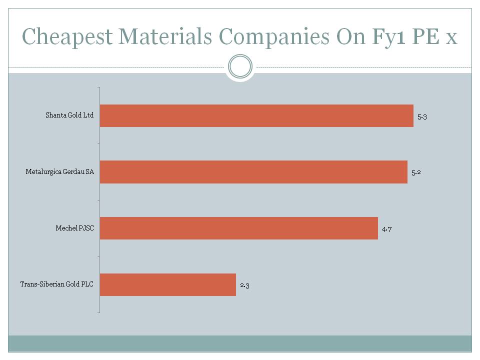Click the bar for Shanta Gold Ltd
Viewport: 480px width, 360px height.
point(256,115)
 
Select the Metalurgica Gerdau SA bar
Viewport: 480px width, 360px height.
point(253,172)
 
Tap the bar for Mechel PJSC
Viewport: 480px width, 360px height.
point(239,228)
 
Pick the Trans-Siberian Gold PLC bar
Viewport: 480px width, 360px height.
point(168,284)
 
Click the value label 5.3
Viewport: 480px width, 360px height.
point(422,116)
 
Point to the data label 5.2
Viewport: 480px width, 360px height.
point(416,172)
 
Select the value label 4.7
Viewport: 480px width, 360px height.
point(386,229)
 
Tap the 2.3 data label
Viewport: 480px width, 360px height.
point(244,285)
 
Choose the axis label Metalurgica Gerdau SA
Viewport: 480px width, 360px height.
point(60,172)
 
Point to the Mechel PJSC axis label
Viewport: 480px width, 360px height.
point(74,228)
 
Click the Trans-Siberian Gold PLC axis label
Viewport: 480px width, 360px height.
point(57,284)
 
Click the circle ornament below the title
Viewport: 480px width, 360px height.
point(240,66)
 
